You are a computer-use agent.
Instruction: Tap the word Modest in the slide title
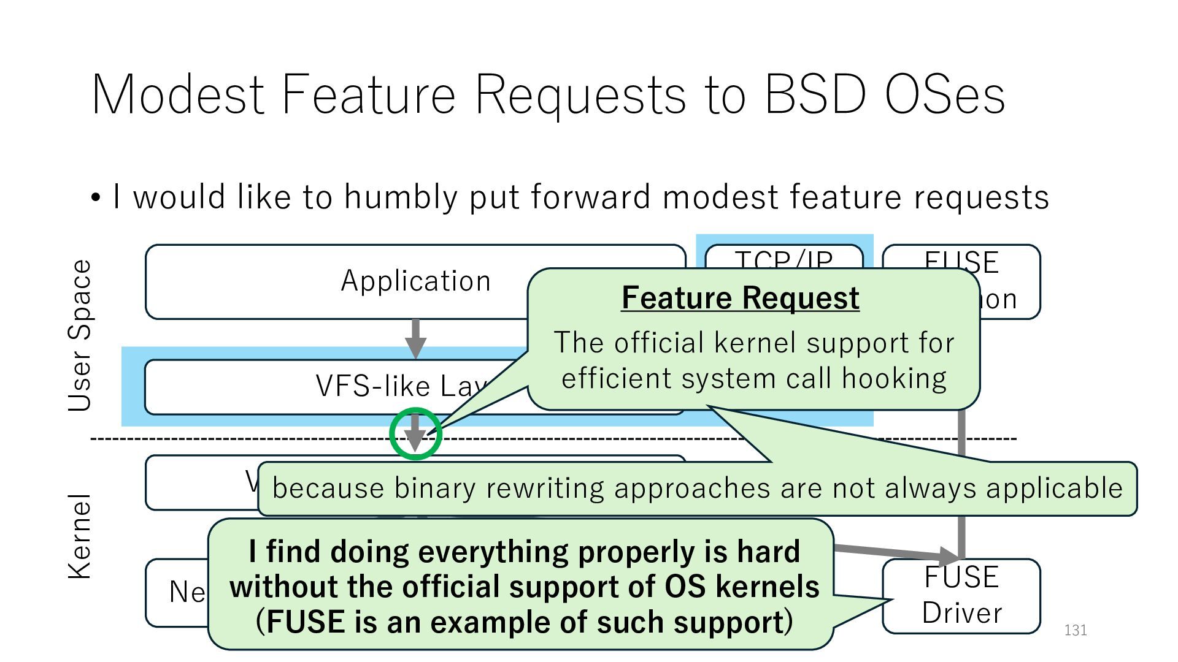(178, 95)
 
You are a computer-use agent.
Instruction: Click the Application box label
(416, 281)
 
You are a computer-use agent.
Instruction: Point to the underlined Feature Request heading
(740, 299)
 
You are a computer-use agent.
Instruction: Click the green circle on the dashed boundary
(415, 433)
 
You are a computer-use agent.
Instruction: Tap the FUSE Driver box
(961, 595)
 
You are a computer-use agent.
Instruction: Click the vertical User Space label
(80, 335)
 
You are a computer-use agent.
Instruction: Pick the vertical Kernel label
(80, 536)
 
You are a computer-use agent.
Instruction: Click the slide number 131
(1076, 630)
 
